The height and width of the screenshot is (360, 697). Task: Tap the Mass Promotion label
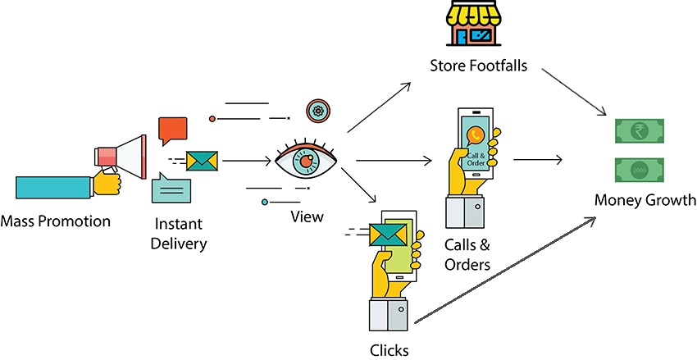tap(56, 221)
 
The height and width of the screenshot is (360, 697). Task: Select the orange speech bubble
tap(172, 130)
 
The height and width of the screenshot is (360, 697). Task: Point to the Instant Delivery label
tap(179, 232)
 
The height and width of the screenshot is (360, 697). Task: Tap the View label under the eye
tap(307, 217)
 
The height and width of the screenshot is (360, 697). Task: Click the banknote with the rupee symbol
tap(639, 131)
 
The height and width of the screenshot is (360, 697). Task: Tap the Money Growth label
tap(645, 200)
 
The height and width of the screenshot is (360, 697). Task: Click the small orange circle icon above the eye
tap(318, 111)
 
